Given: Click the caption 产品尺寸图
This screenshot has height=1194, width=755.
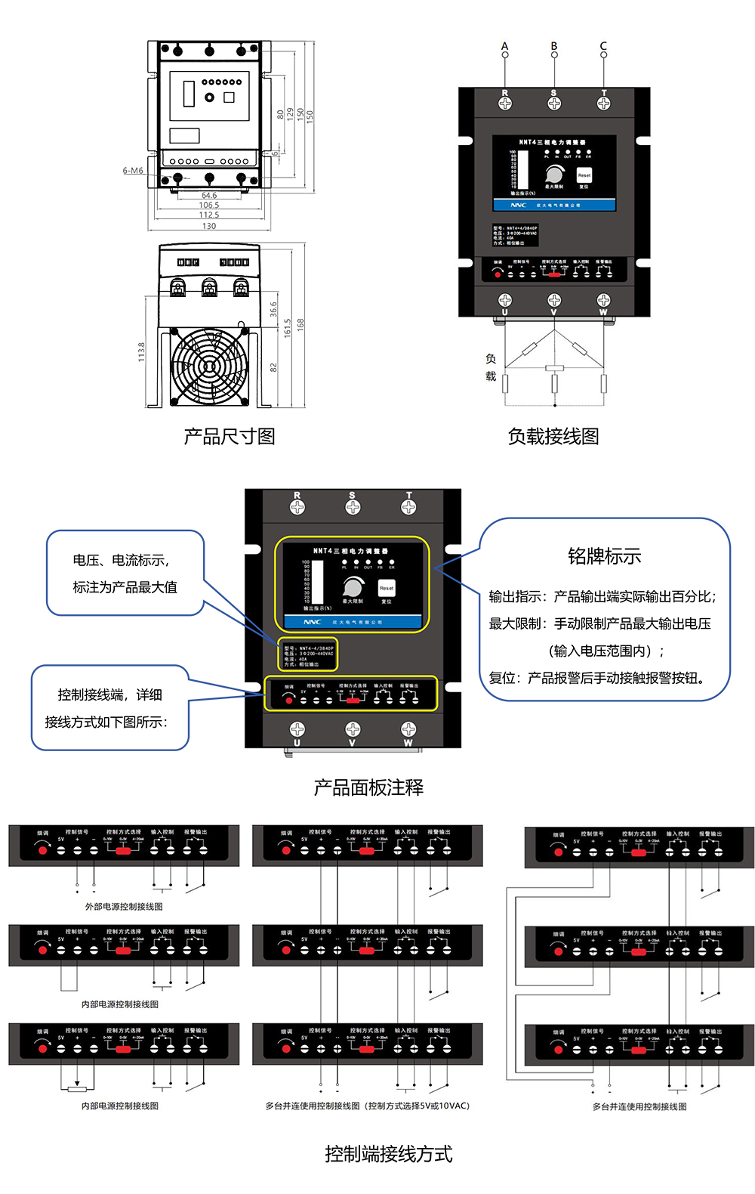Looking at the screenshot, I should point(230,436).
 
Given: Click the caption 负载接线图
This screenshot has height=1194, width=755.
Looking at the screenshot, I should point(553,436).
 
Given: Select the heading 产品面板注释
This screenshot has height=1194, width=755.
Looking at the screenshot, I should point(368,787).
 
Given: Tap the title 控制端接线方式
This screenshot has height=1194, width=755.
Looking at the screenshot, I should point(389,1153).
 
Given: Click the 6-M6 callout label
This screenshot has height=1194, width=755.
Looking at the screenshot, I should point(133,171).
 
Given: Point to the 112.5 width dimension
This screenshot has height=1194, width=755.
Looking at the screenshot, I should point(209,215).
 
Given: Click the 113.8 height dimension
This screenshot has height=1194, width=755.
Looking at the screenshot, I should point(141,351).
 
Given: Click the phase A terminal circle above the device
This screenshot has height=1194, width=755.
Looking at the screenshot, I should point(505,54).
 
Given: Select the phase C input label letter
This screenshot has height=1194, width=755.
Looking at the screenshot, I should point(603,45).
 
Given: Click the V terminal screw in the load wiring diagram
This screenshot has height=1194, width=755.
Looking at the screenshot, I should point(554,301).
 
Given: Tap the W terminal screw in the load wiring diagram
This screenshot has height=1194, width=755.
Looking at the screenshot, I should point(603,301).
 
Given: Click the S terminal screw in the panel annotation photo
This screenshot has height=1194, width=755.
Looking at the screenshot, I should point(353,507).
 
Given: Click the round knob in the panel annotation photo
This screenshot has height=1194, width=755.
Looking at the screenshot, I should point(353,587).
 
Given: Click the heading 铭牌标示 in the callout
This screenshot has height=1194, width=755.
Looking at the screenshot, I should point(604,556).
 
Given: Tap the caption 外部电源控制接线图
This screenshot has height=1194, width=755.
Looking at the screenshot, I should point(124,906).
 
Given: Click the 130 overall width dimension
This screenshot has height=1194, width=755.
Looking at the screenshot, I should point(209,226).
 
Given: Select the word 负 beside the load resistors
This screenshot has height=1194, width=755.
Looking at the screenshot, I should point(491,359).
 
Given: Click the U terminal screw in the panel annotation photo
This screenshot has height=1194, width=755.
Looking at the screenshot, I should point(297,729).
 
